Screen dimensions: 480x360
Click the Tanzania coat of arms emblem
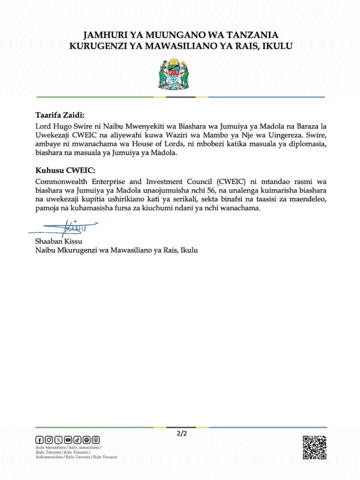pyautogui.click(x=174, y=74)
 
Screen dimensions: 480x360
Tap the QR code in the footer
pyautogui.click(x=315, y=447)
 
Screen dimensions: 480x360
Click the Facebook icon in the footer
pyautogui.click(x=39, y=440)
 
